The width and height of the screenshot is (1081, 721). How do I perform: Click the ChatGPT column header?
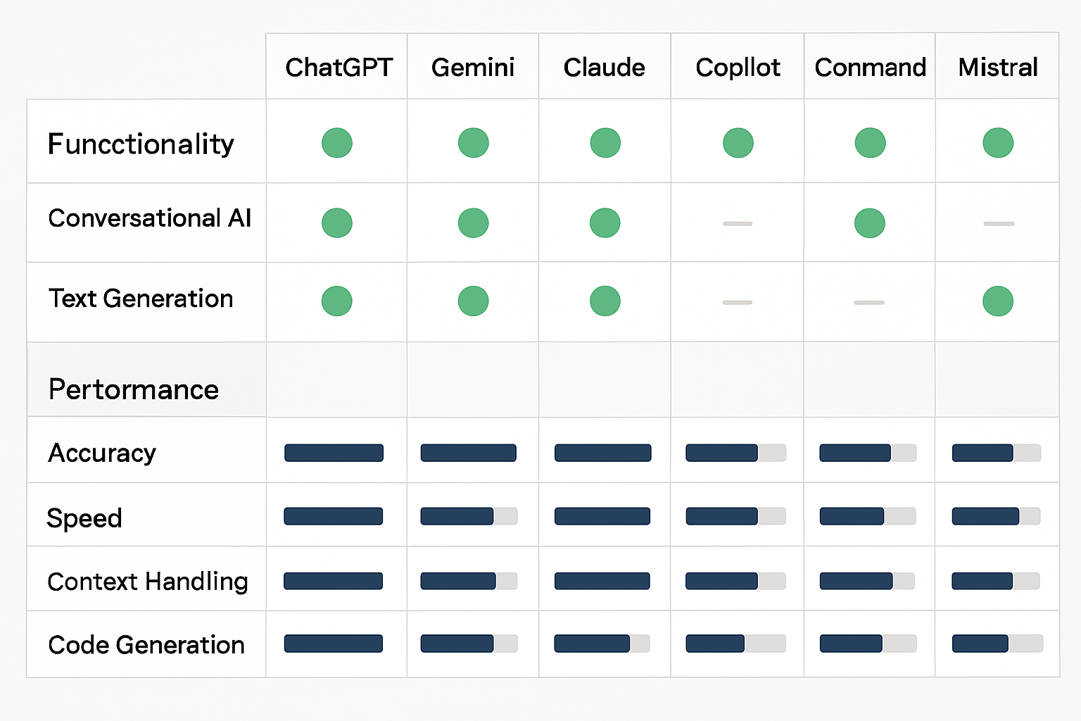339,68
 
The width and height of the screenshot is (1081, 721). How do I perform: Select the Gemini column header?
473,68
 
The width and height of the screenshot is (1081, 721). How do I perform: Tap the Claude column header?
604,68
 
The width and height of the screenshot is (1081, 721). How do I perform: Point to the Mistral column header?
998,68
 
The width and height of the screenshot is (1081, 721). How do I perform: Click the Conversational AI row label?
149,218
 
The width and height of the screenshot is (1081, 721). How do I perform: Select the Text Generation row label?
141,299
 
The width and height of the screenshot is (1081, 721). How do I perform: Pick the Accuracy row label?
102,453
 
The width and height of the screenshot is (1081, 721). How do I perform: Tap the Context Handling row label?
148,582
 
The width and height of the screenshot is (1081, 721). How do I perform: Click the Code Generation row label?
146,645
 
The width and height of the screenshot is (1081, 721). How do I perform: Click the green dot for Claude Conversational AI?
605,223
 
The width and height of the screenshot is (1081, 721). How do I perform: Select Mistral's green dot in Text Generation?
998,301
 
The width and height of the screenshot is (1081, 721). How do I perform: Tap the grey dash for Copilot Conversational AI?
738,224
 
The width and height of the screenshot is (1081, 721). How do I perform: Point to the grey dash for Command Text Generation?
869,303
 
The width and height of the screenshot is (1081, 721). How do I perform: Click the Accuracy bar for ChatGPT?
334,453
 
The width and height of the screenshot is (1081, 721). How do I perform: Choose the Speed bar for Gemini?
469,516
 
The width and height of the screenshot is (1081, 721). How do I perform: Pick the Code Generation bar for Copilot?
735,644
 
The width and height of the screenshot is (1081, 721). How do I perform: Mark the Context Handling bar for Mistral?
996,581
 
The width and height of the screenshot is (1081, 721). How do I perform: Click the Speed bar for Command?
868,516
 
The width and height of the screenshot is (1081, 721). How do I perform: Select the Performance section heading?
134,389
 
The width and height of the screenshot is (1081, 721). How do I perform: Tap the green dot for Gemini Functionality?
474,143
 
